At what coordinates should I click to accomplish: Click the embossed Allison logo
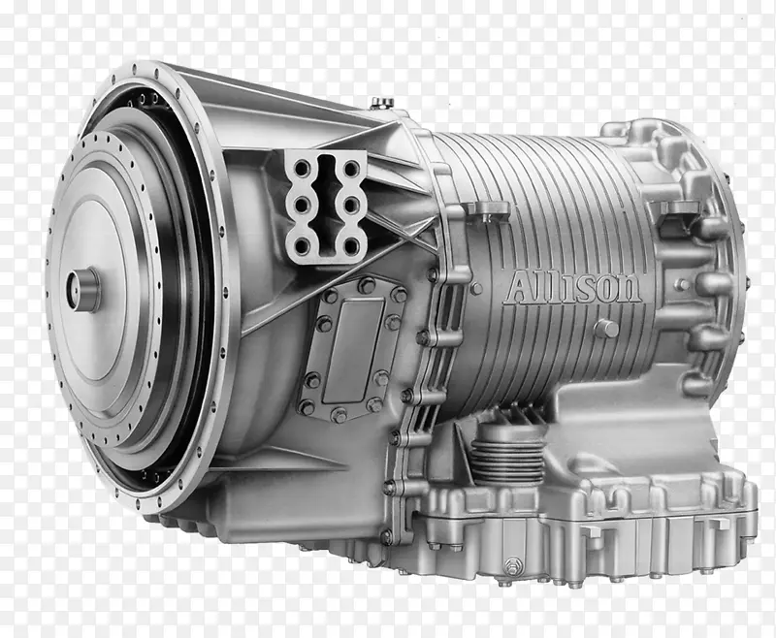(x=571, y=287)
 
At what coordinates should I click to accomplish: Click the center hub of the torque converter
(x=83, y=289)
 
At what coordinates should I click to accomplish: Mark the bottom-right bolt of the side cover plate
(x=373, y=406)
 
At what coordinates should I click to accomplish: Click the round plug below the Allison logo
(x=606, y=329)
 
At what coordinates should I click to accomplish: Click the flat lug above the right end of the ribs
(x=676, y=207)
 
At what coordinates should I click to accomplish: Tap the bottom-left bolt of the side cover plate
(x=307, y=407)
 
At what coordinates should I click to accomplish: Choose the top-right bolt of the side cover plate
(x=399, y=293)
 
